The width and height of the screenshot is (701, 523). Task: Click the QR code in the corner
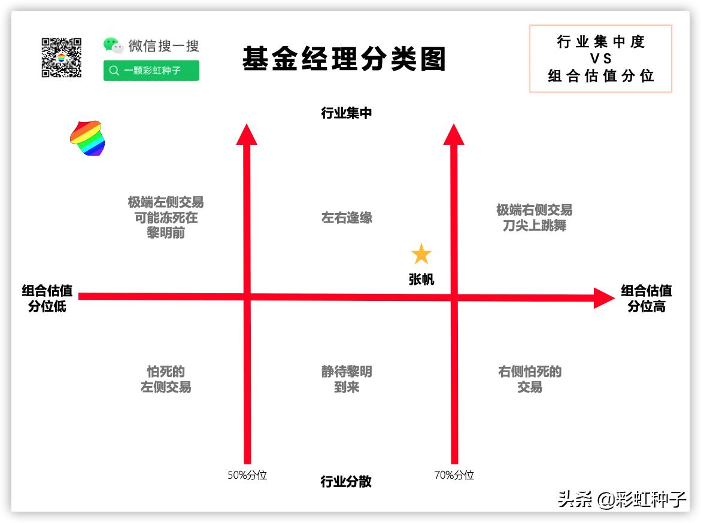tap(61, 57)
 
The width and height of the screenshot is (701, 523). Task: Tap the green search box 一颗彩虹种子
tap(151, 71)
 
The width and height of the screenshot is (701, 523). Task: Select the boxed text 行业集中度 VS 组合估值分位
tap(600, 59)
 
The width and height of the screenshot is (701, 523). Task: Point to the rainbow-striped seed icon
tap(87, 138)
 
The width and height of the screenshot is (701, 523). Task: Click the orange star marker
tap(421, 255)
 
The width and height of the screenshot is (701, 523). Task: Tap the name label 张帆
tap(421, 279)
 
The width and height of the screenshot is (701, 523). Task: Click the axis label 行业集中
tap(347, 112)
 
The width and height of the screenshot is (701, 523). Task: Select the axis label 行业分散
tap(346, 482)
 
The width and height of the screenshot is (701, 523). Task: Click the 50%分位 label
tap(247, 475)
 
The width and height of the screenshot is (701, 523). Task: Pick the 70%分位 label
tap(454, 475)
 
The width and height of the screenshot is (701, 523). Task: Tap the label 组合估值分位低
tap(47, 298)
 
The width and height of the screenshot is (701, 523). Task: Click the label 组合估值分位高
tap(647, 298)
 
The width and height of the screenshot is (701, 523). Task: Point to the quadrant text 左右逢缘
tap(347, 218)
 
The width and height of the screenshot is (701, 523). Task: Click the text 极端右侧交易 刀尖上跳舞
tap(534, 218)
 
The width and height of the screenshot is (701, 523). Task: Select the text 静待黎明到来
tap(347, 379)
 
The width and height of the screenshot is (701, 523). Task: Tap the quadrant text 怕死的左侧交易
tap(166, 379)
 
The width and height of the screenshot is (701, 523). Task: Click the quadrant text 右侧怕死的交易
tap(530, 379)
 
